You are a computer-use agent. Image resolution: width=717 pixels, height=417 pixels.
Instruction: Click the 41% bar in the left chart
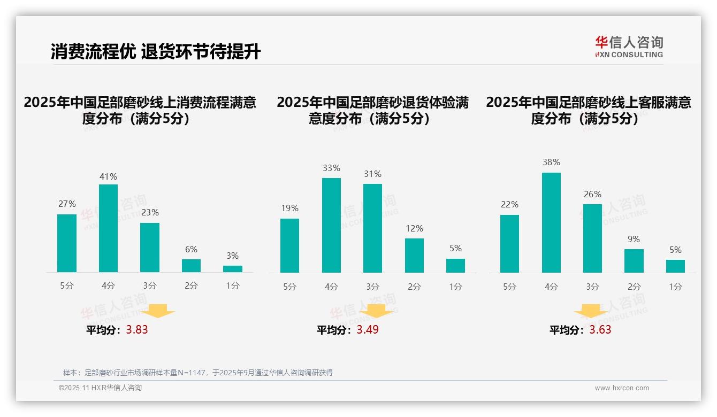coord(108,228)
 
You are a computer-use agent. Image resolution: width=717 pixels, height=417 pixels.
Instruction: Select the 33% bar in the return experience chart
coord(331,225)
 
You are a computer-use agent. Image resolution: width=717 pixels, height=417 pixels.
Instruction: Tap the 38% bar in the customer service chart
coord(551,222)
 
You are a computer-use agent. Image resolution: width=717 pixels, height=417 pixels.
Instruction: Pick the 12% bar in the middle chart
coord(414,256)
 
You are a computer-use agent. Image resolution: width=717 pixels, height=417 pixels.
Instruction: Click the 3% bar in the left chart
coord(233,269)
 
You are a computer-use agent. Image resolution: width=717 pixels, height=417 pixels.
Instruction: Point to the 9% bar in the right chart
coord(634,261)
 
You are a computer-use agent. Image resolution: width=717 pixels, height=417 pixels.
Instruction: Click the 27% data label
coord(67,204)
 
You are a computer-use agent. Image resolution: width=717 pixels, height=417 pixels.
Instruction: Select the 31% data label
coord(372,174)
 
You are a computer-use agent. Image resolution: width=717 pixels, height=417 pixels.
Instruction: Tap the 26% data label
coord(592,194)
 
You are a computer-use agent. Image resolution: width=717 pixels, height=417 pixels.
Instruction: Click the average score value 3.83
coord(137,330)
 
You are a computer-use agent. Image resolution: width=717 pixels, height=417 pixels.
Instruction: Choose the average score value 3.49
coord(368,330)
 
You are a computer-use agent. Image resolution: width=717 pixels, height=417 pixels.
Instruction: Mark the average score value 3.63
coord(600,330)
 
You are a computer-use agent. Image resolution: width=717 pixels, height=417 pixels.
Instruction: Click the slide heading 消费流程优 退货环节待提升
coord(156,52)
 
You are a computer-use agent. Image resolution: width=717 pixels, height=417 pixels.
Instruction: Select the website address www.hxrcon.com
coord(622,388)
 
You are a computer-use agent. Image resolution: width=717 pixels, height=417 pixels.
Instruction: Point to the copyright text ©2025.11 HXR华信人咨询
coord(100,388)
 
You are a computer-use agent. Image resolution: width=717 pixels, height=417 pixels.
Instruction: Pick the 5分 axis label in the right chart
coord(509,287)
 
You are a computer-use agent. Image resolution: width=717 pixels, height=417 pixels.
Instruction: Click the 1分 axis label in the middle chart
coord(455,287)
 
